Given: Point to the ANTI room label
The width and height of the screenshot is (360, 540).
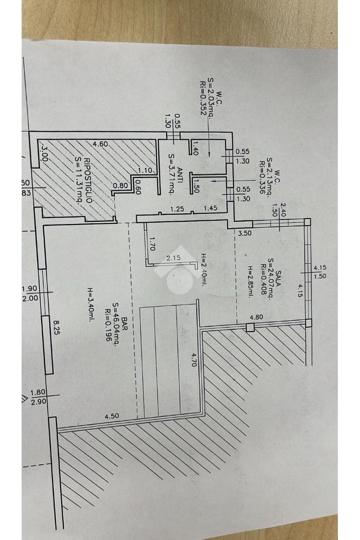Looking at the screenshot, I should [180, 162].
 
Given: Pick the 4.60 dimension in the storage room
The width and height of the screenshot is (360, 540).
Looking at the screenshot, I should [100, 143].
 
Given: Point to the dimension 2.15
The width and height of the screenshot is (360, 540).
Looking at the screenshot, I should [173, 258].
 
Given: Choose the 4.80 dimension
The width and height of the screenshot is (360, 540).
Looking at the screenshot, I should [256, 317].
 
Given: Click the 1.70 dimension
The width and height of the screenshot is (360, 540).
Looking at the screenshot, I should [152, 245].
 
